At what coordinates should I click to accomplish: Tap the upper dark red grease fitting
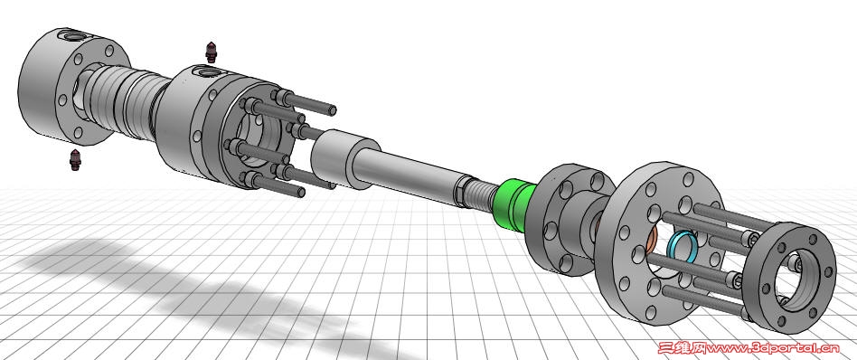click(211, 52)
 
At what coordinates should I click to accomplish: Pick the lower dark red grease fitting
click(75, 159)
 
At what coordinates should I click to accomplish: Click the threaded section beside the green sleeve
click(482, 195)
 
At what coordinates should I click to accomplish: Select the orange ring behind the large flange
click(650, 241)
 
